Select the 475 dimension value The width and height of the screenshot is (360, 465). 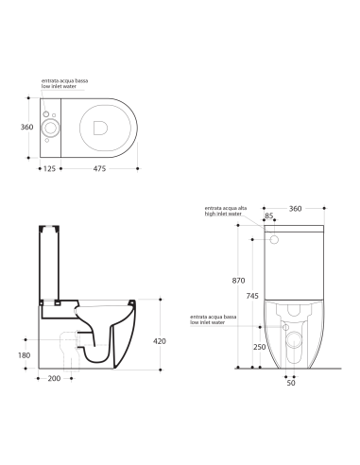[x=99, y=169]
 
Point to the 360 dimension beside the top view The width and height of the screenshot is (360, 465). [x=28, y=126]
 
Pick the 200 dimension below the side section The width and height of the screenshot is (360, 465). [x=56, y=378]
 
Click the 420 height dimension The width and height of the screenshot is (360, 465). [x=160, y=341]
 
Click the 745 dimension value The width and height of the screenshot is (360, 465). [x=250, y=296]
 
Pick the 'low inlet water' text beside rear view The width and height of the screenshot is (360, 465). [x=207, y=322]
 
